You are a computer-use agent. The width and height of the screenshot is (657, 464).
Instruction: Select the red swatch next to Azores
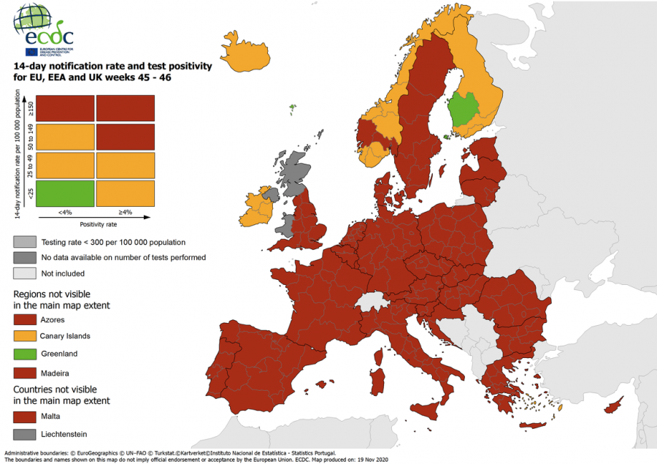[x=26, y=319]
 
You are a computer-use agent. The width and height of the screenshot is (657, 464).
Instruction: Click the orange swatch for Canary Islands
[x=26, y=336]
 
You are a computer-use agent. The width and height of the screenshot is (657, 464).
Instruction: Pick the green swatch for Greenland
[x=26, y=354]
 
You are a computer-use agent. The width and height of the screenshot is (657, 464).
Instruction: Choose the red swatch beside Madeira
[x=26, y=371]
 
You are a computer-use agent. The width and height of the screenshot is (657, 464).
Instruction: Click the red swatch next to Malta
[x=26, y=417]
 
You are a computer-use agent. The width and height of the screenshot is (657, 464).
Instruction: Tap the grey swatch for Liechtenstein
[x=26, y=434]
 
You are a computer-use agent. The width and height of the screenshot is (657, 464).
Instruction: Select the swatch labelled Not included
[x=26, y=273]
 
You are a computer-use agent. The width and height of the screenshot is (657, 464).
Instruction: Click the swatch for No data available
[x=26, y=257]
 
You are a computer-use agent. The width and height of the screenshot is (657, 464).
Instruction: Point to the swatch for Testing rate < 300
[x=26, y=242]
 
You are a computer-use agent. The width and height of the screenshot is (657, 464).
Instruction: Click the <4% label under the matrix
[x=65, y=213]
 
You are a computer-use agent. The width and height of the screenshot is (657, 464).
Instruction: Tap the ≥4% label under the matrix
[x=125, y=213]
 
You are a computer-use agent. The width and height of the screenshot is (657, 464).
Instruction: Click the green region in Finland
[x=462, y=109]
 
